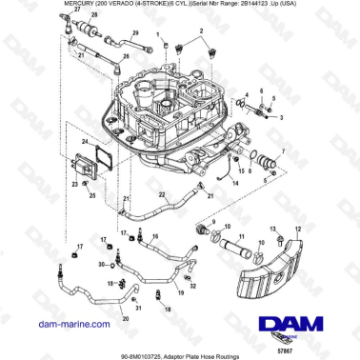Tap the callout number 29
(x=135, y=32)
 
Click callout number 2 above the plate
(x=201, y=31)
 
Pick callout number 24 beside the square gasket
(x=83, y=142)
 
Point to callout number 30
(x=102, y=265)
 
